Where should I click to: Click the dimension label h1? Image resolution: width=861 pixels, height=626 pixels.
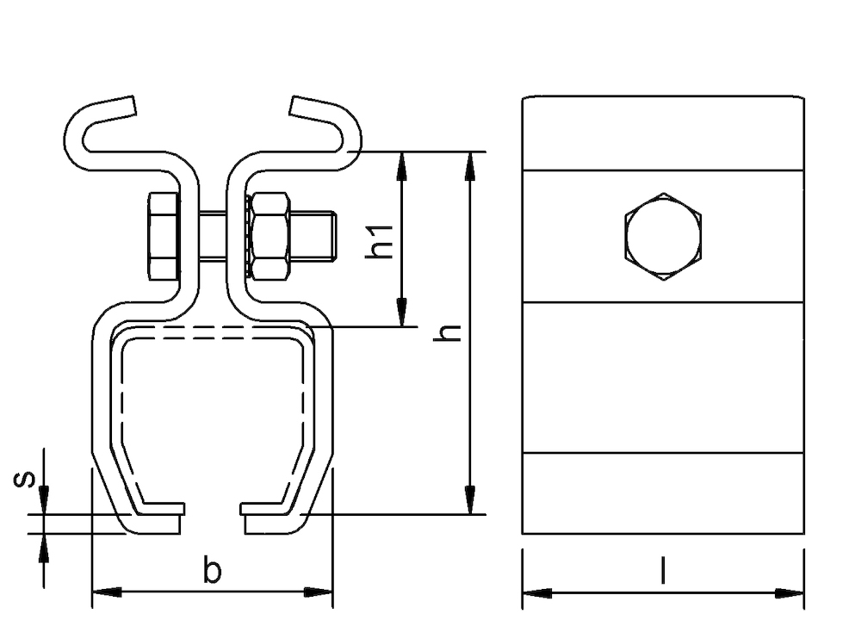pos(380,240)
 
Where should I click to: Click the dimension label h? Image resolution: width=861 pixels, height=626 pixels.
pos(447,332)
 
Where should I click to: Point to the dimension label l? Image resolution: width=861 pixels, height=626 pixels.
pos(663,570)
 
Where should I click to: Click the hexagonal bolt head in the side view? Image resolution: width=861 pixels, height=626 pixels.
pos(663,237)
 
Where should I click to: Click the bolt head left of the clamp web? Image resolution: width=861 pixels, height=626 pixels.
pos(163,237)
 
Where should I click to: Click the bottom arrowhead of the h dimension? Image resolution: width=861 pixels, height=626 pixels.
pos(469,500)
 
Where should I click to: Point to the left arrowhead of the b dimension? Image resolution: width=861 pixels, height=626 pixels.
pos(107,592)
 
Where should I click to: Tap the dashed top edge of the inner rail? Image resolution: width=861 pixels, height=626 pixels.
pos(212,328)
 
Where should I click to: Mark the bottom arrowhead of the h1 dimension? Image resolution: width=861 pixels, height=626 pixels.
pos(402,313)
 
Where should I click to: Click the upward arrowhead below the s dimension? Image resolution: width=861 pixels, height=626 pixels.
pos(44,547)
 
